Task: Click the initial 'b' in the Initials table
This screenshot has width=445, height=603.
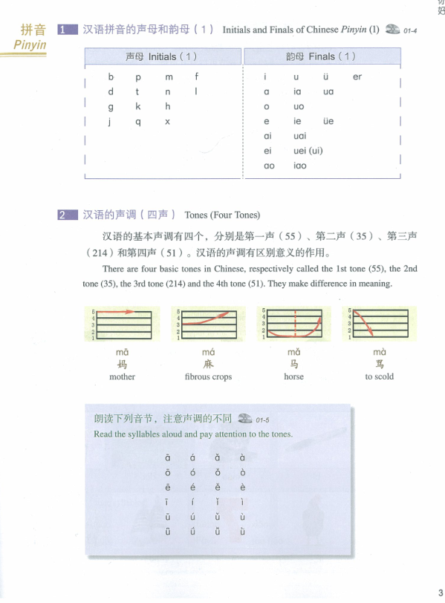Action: [111, 76]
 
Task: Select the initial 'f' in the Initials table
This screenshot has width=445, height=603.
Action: [196, 76]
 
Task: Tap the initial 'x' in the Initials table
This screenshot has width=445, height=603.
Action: [168, 122]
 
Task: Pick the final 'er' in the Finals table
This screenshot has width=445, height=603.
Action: [357, 76]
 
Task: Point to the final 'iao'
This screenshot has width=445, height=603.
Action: [299, 166]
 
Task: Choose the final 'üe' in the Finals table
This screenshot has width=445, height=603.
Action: [328, 122]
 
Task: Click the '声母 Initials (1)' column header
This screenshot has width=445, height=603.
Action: [161, 56]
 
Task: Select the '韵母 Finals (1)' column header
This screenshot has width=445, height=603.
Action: [321, 56]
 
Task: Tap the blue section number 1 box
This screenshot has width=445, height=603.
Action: [67, 30]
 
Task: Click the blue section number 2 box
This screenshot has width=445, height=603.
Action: [67, 215]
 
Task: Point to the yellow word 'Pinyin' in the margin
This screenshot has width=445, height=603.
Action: [30, 45]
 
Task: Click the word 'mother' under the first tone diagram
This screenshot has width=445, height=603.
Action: [123, 377]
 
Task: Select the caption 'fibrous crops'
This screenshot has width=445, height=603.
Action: [208, 377]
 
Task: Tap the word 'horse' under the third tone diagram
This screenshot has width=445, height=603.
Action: [293, 377]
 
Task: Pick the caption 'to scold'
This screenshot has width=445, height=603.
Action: [380, 377]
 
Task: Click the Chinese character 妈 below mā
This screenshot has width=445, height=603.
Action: [123, 365]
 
